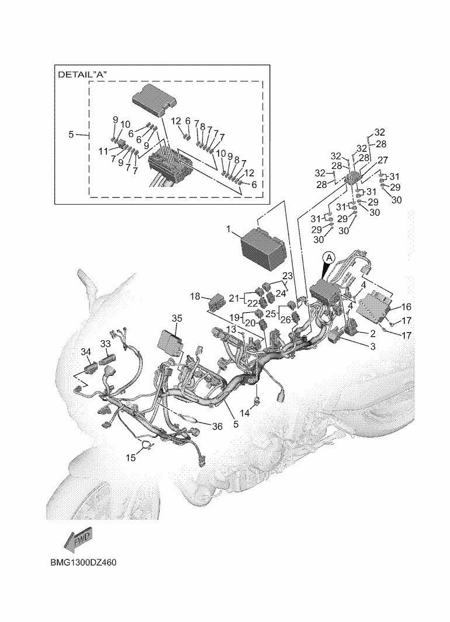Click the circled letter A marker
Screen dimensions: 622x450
328,257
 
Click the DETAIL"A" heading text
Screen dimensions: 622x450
84,75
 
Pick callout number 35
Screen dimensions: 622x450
176,318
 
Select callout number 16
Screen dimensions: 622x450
407,306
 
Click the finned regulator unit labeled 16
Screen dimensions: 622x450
375,307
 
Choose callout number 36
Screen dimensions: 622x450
217,427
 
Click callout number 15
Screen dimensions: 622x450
131,458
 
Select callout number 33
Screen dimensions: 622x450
105,344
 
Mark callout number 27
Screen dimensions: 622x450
383,160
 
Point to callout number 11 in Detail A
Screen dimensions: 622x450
103,151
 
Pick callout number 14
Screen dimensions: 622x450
244,413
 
